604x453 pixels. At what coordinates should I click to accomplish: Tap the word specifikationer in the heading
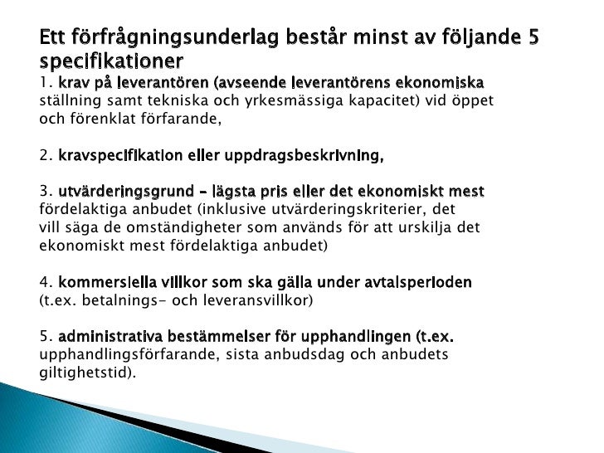pyautogui.click(x=111, y=62)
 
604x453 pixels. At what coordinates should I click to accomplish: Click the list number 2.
pyautogui.click(x=45, y=154)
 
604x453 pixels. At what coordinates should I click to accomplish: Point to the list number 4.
pyautogui.click(x=45, y=282)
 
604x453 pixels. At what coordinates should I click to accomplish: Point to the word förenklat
pyautogui.click(x=107, y=117)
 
